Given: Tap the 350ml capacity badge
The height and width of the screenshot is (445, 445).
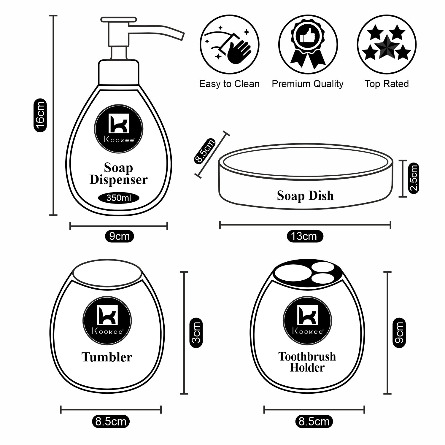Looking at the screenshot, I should (118, 198).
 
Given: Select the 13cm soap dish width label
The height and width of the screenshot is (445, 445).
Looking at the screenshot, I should (305, 236).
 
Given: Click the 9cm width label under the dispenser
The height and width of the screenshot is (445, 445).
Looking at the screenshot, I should (119, 236).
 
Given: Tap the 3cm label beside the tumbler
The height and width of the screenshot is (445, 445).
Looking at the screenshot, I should (196, 333).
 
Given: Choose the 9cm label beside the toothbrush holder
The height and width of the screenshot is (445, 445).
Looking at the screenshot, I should (399, 333).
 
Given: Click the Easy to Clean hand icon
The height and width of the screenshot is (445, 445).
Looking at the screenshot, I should (229, 44).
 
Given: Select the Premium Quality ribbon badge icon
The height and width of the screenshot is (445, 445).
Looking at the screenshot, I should (308, 44).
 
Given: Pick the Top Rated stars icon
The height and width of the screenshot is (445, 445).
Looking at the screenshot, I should (387, 44).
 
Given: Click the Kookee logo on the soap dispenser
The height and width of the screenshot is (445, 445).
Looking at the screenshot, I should (119, 129).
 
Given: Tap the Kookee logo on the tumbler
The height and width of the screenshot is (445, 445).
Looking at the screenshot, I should (107, 320).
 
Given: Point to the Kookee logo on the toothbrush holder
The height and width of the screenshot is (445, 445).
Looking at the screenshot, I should (307, 320).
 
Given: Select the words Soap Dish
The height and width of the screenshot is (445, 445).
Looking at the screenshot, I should (305, 196).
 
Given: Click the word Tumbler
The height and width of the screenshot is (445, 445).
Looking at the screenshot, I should (107, 357).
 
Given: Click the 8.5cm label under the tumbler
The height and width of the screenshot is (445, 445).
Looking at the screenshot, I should (111, 421).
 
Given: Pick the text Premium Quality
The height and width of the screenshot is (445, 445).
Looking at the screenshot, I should (307, 84).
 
